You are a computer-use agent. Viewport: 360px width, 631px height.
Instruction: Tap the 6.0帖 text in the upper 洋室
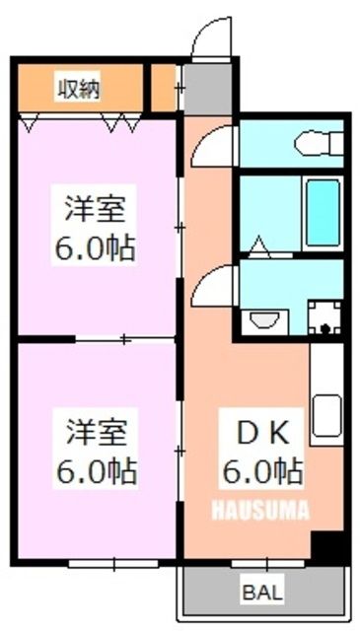pyautogui.click(x=94, y=246)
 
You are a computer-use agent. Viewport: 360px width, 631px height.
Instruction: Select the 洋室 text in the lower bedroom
pyautogui.click(x=95, y=432)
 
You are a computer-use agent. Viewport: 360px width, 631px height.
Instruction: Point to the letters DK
pyautogui.click(x=258, y=432)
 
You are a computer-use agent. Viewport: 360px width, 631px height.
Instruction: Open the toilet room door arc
pyautogui.click(x=213, y=148)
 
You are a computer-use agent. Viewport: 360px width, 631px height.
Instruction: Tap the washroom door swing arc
pyautogui.click(x=213, y=287)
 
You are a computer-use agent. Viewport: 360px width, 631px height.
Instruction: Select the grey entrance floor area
pyautogui.click(x=204, y=88)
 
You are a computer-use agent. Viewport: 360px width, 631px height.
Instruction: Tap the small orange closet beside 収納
pyautogui.click(x=164, y=89)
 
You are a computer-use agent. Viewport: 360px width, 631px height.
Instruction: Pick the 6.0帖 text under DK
pyautogui.click(x=260, y=471)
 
